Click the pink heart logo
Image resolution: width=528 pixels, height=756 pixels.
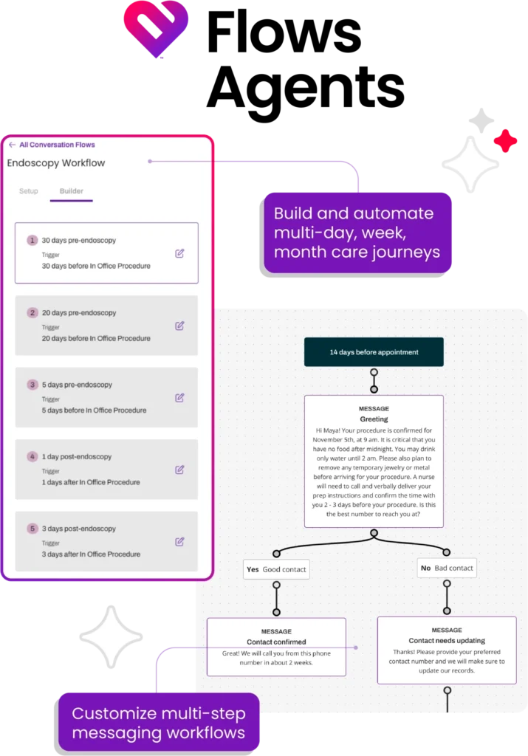pos(155,28)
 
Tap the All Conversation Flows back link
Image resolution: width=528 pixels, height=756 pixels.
pos(52,145)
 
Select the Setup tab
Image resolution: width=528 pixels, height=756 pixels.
pos(29,191)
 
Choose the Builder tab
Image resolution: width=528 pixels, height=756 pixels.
pos(72,191)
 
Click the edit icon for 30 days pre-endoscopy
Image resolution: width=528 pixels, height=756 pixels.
pos(179,253)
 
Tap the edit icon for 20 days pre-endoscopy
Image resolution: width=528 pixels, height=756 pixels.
pos(179,326)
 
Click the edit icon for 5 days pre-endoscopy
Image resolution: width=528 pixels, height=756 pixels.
pos(179,397)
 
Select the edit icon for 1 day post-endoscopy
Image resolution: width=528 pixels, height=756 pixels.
pos(179,470)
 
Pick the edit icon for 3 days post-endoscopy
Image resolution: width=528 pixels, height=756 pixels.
pos(179,541)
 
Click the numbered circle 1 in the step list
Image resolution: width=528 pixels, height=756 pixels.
pos(32,240)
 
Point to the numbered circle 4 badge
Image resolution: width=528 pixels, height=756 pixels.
pos(32,456)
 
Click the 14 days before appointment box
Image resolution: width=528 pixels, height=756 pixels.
pos(374,352)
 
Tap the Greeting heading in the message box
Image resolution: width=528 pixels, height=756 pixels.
pos(374,419)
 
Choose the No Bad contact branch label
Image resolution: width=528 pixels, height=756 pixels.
pos(447,568)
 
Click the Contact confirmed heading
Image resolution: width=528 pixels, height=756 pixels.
pos(276,642)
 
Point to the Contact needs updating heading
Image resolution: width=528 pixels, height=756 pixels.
pos(447,640)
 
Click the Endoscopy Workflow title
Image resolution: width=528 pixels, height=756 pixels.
pos(56,163)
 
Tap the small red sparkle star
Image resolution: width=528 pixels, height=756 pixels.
pos(505,140)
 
